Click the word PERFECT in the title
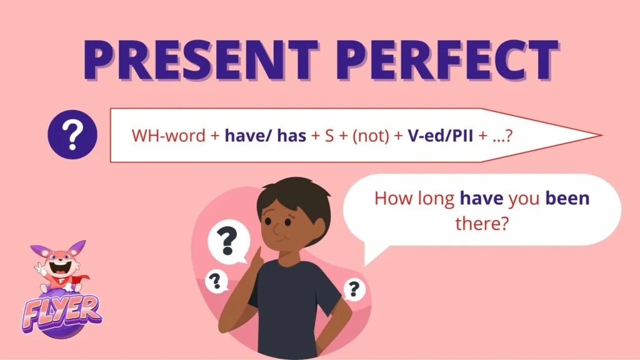pyautogui.click(x=447, y=59)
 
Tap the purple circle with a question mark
pyautogui.click(x=72, y=135)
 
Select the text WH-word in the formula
pyautogui.click(x=168, y=136)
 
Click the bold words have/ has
pyautogui.click(x=265, y=136)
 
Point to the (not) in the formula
pyautogui.click(x=371, y=136)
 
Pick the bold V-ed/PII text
pyautogui.click(x=441, y=136)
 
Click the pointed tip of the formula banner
pyautogui.click(x=602, y=135)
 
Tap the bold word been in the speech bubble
pyautogui.click(x=567, y=198)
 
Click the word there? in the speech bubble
pyautogui.click(x=482, y=223)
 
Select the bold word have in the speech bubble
pyautogui.click(x=482, y=198)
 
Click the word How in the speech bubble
pyautogui.click(x=394, y=198)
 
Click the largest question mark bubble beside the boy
pyautogui.click(x=228, y=243)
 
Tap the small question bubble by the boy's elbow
pyautogui.click(x=216, y=281)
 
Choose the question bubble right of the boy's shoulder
pyautogui.click(x=354, y=289)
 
